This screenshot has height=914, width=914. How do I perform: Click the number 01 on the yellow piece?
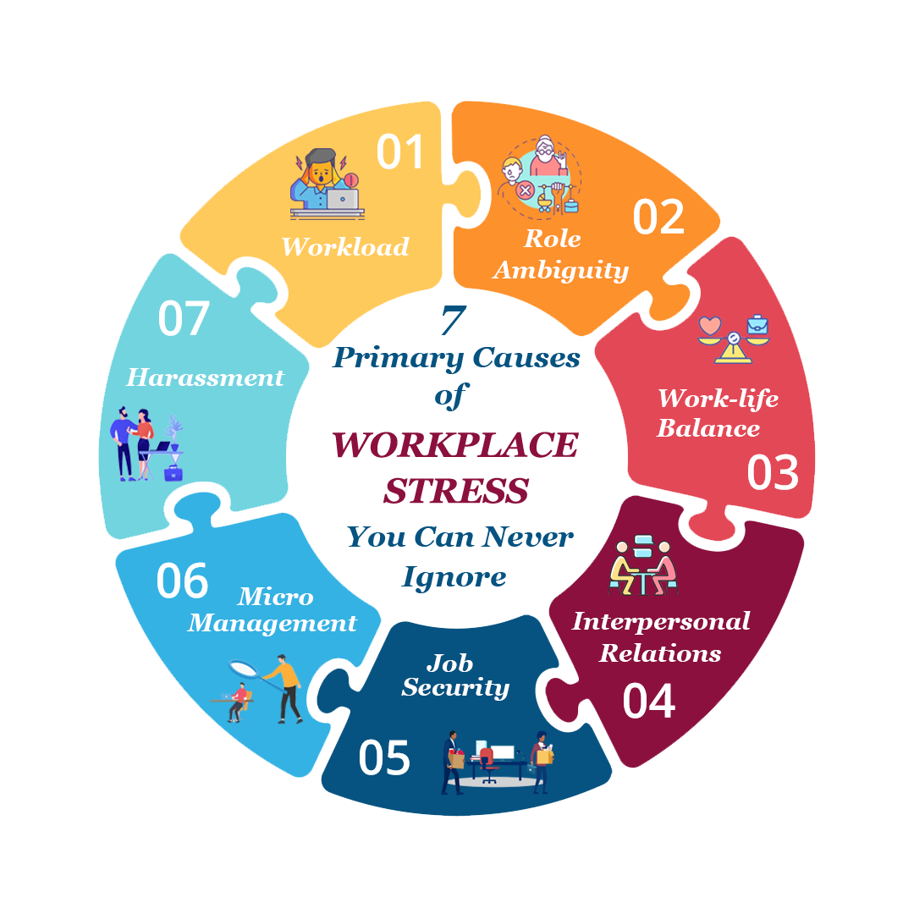(399, 151)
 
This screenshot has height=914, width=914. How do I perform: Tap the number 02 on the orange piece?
(658, 217)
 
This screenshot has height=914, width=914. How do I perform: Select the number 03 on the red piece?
(773, 471)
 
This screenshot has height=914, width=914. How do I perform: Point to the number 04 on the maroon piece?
(649, 701)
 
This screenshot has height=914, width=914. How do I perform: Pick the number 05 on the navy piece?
(384, 757)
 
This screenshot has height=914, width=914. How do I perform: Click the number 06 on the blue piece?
(183, 581)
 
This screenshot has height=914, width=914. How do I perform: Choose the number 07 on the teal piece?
(183, 318)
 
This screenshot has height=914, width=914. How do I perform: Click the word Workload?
(345, 246)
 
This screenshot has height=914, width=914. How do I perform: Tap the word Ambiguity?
(561, 271)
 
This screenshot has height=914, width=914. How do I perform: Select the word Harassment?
(205, 377)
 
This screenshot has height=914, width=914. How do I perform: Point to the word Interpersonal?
(661, 622)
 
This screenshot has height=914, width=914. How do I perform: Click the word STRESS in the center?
(456, 491)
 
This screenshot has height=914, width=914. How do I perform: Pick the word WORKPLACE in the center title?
(455, 445)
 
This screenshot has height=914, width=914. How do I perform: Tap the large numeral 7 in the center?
(454, 320)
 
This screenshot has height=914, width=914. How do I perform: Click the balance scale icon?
(733, 339)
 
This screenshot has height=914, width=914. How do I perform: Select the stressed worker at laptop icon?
(327, 184)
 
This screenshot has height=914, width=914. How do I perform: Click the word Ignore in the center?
(454, 578)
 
